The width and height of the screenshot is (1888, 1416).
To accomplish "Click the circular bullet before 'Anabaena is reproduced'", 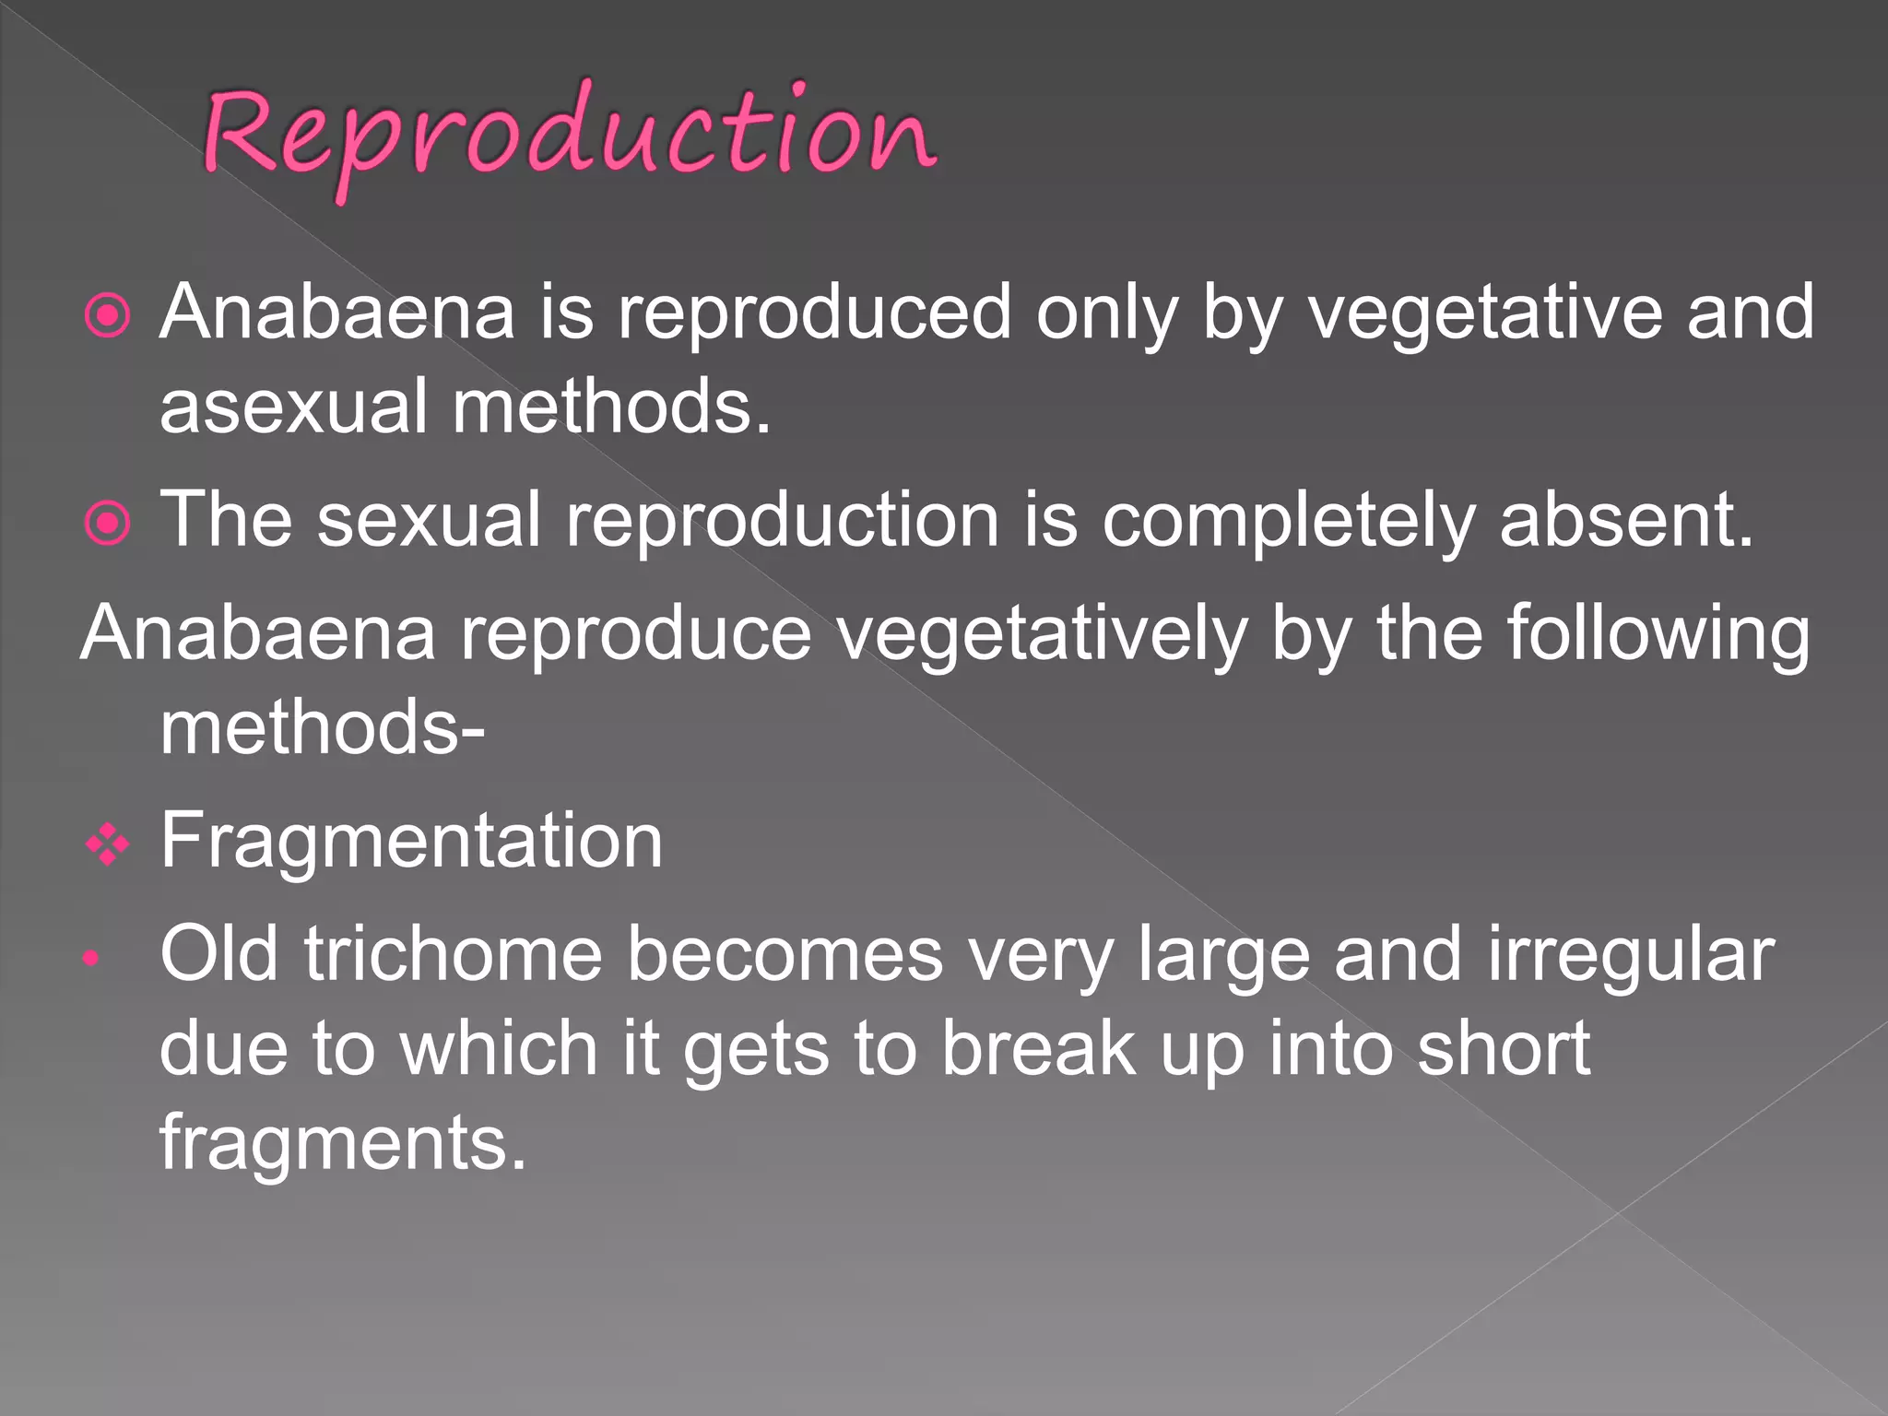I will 108,316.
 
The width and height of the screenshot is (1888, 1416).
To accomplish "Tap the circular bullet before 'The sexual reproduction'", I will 108,524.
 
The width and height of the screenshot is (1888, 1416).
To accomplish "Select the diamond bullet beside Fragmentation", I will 108,844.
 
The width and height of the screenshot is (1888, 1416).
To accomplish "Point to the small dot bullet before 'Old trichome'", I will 90,959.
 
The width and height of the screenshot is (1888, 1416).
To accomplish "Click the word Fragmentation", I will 411,841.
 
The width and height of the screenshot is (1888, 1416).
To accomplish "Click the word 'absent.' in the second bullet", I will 1626,520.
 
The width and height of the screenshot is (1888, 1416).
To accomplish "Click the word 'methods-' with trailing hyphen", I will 323,727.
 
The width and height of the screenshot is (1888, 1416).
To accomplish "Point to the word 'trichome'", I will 453,954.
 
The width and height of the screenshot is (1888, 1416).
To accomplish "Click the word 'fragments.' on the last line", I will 343,1143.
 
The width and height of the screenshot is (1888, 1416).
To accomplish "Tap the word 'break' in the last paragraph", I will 1037,1049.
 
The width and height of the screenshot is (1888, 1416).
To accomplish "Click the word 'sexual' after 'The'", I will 429,520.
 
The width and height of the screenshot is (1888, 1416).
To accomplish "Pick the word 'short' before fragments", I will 1503,1049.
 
